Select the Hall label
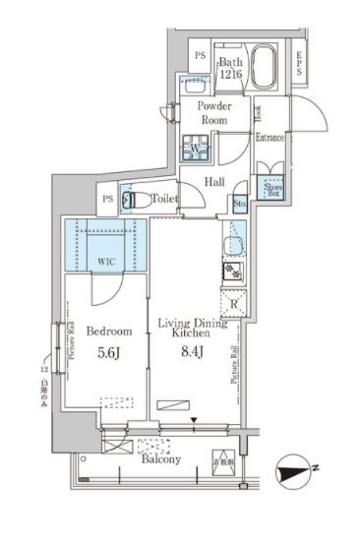pyautogui.click(x=216, y=182)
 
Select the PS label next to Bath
pyautogui.click(x=200, y=55)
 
